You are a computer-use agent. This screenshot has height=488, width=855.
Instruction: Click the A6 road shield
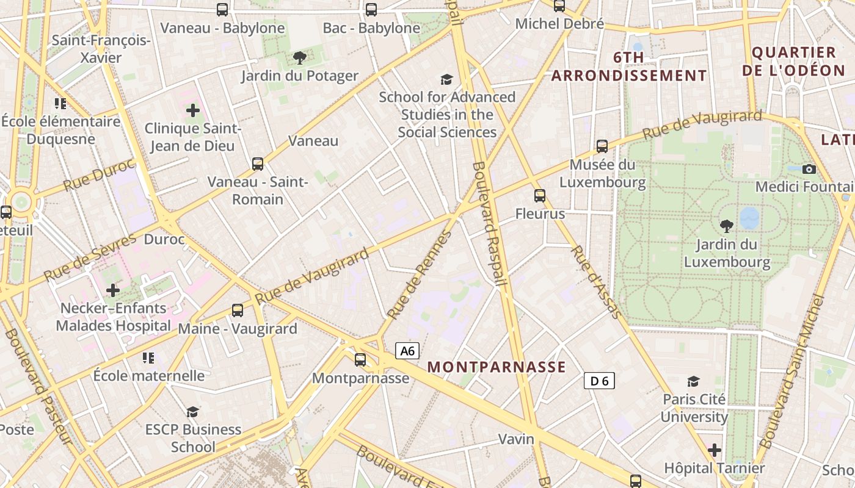click(407, 351)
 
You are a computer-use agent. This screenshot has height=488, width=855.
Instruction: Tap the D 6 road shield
click(598, 381)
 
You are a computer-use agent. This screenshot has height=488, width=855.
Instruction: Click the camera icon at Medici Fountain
click(809, 169)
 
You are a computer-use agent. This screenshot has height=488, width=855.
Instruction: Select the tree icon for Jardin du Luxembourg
click(727, 226)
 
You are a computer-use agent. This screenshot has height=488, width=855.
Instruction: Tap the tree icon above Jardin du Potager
click(299, 58)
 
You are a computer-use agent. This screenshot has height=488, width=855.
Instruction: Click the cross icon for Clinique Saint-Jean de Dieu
click(193, 110)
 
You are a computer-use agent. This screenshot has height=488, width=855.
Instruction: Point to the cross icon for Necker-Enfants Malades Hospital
click(113, 290)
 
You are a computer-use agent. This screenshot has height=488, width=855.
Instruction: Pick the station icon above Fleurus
click(540, 196)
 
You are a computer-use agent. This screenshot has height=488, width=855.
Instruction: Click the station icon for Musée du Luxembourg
click(602, 146)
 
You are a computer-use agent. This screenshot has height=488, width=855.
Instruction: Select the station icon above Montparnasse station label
click(360, 359)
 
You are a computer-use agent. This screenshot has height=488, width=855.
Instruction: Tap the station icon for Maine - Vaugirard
click(238, 310)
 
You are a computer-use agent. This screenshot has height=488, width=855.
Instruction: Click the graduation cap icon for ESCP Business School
click(193, 412)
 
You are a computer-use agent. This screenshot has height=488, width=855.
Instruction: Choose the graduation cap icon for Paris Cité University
click(693, 382)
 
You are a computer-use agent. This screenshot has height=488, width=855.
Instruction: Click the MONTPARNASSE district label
click(497, 367)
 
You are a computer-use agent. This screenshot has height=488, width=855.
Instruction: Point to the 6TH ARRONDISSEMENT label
click(629, 66)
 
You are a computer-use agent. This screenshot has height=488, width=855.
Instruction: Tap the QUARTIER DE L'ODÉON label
click(793, 61)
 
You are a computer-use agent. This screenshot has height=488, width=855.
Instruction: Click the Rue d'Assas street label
click(596, 281)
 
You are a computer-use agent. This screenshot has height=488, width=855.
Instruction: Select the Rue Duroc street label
click(98, 174)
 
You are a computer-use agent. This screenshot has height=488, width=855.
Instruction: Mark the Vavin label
click(516, 439)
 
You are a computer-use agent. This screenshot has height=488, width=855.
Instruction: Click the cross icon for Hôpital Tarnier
click(714, 451)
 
